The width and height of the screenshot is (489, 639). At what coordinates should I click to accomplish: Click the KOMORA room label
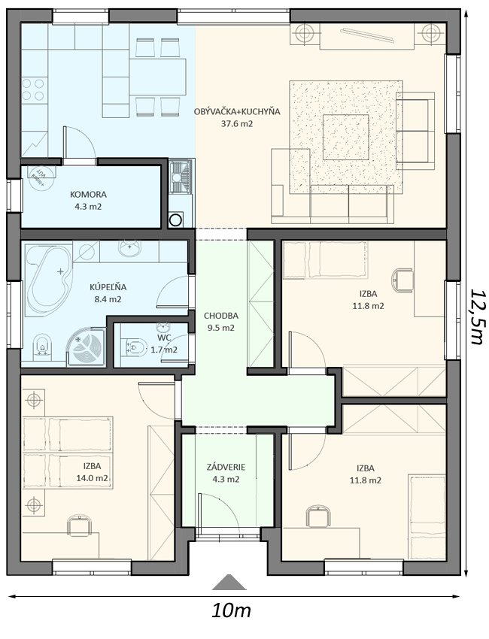88,195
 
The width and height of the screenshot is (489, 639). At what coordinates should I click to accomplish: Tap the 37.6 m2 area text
237,123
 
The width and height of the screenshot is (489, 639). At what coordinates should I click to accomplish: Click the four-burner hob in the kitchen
33,89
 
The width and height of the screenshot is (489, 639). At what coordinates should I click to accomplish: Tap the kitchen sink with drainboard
181,176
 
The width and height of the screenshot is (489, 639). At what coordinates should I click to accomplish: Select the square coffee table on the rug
346,137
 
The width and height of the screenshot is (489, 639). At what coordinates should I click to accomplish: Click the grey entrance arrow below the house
229,582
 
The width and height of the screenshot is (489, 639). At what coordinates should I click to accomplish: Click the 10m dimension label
231,610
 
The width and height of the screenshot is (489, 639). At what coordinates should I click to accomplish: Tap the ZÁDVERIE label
226,468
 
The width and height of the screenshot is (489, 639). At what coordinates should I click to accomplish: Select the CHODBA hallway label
221,316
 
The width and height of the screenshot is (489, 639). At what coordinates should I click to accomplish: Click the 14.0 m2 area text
93,478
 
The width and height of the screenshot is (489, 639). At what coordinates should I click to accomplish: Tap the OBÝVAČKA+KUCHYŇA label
238,111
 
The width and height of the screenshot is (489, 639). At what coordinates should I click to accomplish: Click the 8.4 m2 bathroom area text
108,299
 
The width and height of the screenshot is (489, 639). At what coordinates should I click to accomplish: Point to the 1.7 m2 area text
164,350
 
